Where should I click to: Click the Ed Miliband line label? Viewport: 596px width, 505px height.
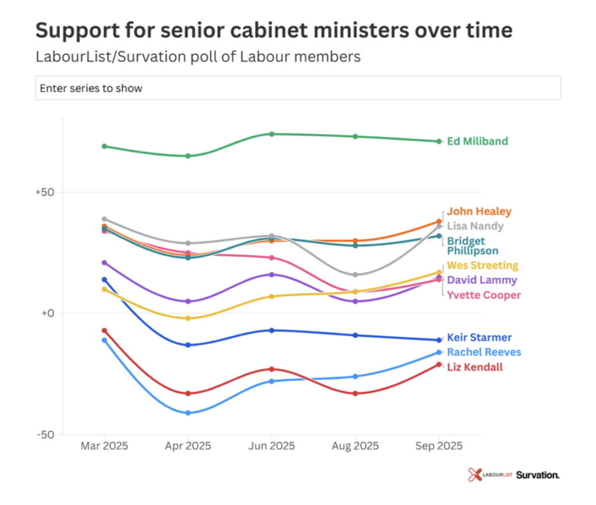pos(477,141)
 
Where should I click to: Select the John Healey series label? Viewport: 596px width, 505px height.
pos(479,211)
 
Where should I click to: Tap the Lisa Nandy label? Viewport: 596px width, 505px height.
pos(475,226)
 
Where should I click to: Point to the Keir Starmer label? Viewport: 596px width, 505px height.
pos(479,337)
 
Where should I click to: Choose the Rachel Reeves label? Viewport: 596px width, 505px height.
pos(484,352)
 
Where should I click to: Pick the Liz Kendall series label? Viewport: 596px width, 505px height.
pos(475,367)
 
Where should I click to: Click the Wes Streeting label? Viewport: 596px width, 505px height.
pos(482,265)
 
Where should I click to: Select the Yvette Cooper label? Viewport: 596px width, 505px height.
pos(484,295)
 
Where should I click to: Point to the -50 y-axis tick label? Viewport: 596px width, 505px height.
pos(47,435)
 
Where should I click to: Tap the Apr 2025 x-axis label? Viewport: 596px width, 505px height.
pos(187,446)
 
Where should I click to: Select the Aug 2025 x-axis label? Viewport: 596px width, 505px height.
pos(355,446)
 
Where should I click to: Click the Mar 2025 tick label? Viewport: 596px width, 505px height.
pos(104,446)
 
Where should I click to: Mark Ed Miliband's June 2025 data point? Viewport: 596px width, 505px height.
pos(271,134)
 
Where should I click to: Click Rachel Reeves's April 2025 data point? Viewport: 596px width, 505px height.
pos(187,413)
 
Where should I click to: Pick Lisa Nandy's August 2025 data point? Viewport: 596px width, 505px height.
pos(355,274)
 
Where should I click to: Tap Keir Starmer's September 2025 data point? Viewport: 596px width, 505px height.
pos(439,340)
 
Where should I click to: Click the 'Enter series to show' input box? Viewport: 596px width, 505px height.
pos(298,88)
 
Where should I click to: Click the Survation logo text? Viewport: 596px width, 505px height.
pos(537,475)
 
